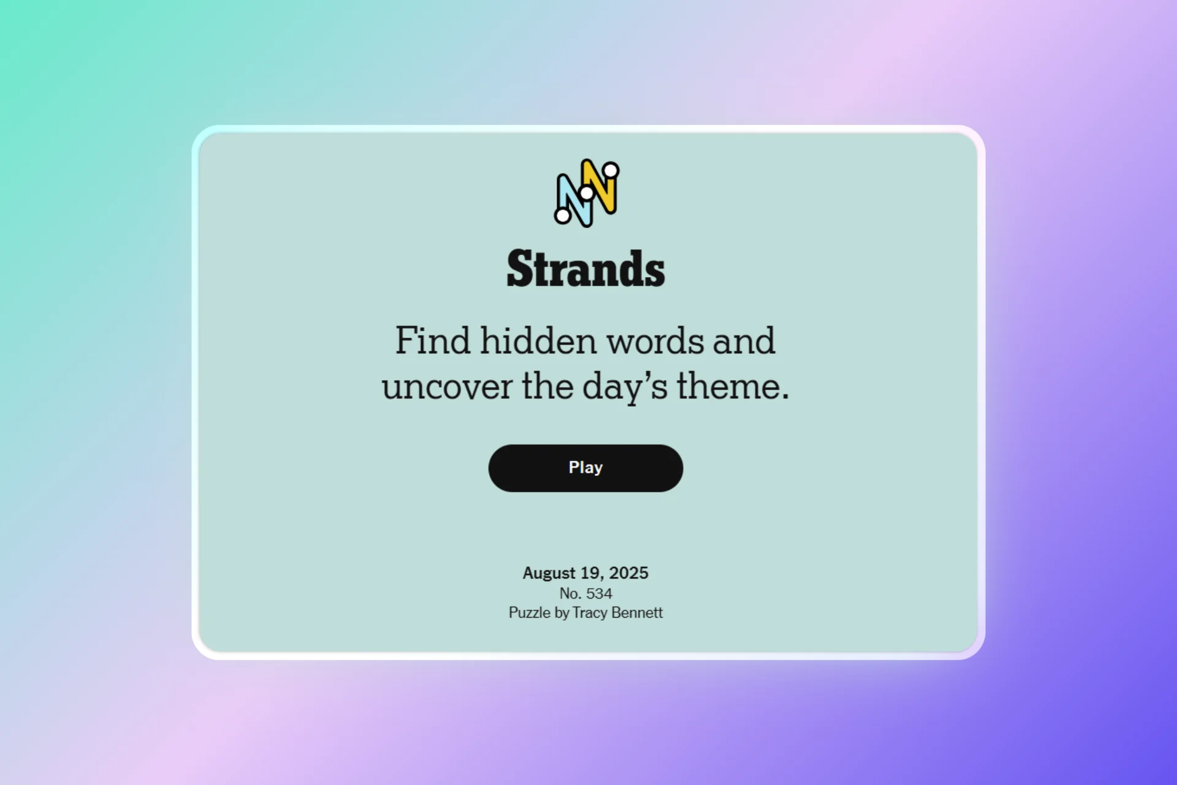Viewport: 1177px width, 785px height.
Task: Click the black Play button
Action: (x=585, y=468)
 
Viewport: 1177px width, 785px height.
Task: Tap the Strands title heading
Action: (x=585, y=269)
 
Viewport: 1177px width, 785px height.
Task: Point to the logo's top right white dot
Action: (x=611, y=170)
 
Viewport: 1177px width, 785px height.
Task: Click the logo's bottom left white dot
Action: (x=562, y=215)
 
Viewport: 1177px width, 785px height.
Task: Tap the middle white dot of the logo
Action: (x=587, y=193)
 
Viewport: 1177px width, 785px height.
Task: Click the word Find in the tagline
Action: (x=432, y=340)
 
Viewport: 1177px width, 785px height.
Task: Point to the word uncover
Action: (x=447, y=387)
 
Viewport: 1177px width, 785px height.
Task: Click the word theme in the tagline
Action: (x=732, y=387)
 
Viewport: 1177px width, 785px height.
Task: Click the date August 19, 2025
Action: (x=585, y=573)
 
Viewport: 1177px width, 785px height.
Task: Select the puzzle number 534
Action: (x=599, y=594)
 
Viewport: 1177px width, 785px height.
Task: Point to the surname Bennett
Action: (x=637, y=613)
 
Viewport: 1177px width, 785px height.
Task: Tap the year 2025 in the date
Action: (x=628, y=573)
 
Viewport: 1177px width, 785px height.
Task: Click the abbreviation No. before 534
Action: (x=570, y=594)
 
